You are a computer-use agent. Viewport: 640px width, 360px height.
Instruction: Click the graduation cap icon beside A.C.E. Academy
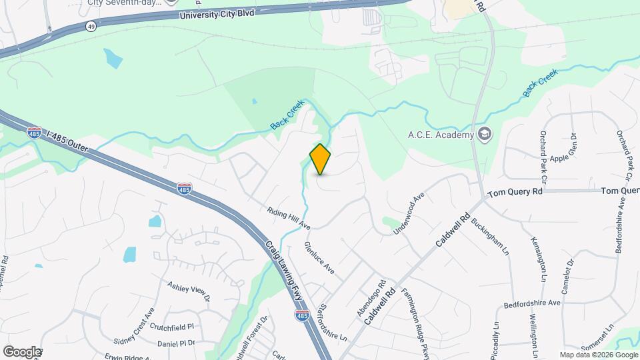pos(485,135)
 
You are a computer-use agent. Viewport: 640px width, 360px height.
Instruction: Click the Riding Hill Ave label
pos(289,218)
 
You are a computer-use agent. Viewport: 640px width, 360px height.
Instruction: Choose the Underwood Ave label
pos(409,213)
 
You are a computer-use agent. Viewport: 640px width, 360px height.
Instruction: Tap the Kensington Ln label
pos(539,259)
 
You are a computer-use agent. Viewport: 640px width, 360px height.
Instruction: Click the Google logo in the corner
pos(22,351)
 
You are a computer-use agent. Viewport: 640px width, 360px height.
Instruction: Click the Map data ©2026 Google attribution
pos(599,355)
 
